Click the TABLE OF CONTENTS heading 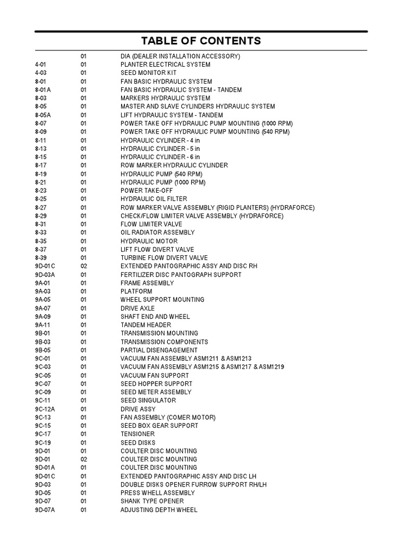pyautogui.click(x=201, y=41)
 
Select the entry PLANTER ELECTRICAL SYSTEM pyautogui.click(x=165, y=65)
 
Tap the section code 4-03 pyautogui.click(x=41, y=73)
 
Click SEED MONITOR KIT pyautogui.click(x=148, y=73)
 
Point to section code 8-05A pyautogui.click(x=43, y=115)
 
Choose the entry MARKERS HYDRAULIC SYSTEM pyautogui.click(x=165, y=98)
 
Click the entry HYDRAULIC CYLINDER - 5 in pyautogui.click(x=160, y=149)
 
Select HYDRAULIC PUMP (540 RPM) pyautogui.click(x=161, y=174)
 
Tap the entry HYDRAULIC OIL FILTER pyautogui.click(x=154, y=199)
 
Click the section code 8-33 pyautogui.click(x=41, y=232)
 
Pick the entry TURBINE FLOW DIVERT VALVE pyautogui.click(x=164, y=258)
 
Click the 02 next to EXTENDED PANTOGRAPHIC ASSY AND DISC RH pyautogui.click(x=84, y=266)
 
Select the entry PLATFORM pyautogui.click(x=136, y=292)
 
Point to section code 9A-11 pyautogui.click(x=42, y=325)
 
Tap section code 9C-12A pyautogui.click(x=45, y=409)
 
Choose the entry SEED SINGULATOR pyautogui.click(x=148, y=401)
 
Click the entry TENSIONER pyautogui.click(x=137, y=434)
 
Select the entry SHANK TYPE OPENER pyautogui.click(x=152, y=501)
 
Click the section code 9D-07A pyautogui.click(x=45, y=510)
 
